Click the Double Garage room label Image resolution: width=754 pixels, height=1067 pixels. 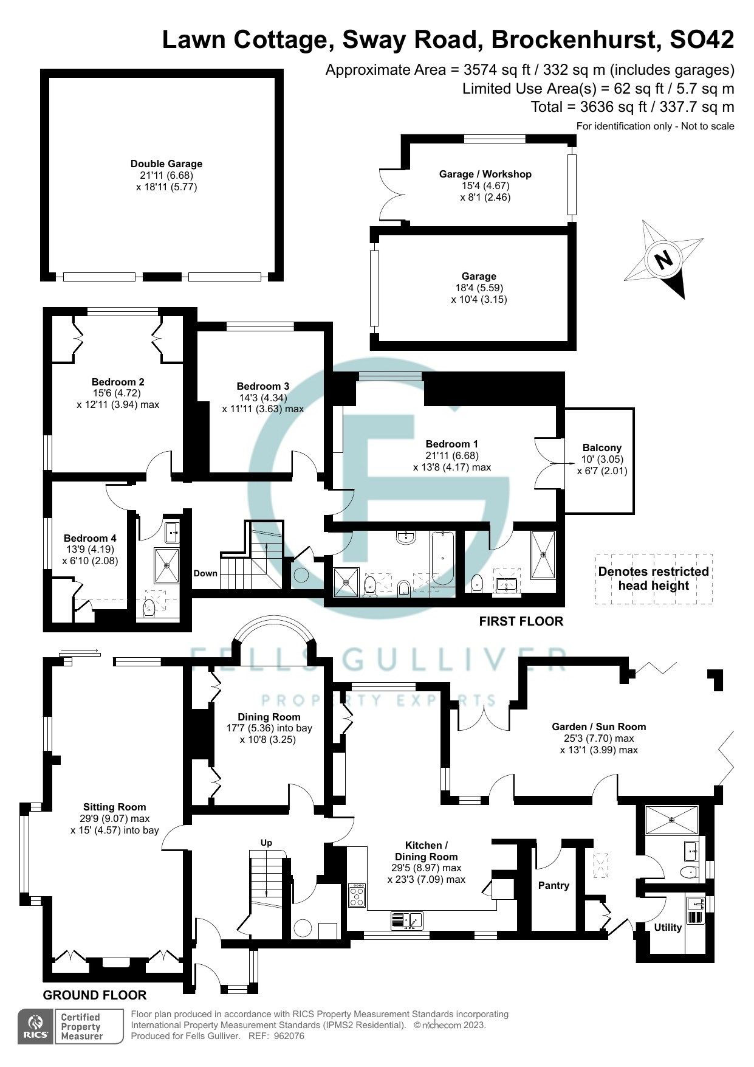tap(166, 164)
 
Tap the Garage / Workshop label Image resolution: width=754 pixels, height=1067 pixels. tap(485, 174)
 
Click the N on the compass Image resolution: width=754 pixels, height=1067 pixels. tap(664, 260)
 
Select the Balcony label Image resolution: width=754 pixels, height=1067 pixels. tap(601, 448)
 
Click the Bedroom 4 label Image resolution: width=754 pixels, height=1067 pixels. tap(90, 538)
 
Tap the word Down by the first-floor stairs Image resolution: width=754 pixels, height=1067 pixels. tap(205, 573)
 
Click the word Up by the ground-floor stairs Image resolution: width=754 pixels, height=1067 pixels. tap(266, 843)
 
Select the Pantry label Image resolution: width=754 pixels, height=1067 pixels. tap(554, 885)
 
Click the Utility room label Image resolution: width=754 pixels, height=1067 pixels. tap(667, 927)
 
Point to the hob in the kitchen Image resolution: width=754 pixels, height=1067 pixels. tap(357, 896)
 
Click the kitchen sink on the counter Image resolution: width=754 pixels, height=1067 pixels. tap(406, 920)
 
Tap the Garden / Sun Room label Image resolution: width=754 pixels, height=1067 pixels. tap(598, 727)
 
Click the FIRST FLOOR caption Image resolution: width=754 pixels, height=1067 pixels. tap(521, 621)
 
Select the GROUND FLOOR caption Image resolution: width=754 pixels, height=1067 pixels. tap(95, 995)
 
